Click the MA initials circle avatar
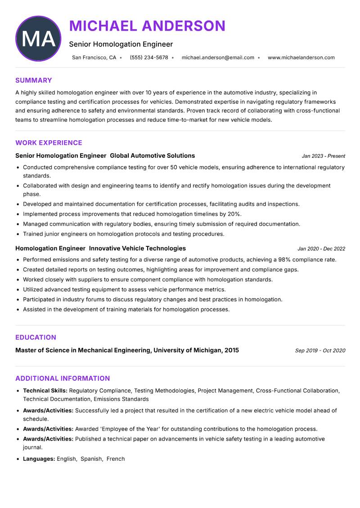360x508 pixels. tap(38, 39)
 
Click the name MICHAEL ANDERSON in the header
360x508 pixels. tap(147, 26)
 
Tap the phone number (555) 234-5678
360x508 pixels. tap(148, 58)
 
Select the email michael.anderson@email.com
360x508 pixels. tap(218, 58)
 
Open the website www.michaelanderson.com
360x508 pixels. tap(301, 58)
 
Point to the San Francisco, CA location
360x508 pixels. tap(94, 58)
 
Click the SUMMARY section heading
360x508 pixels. tap(34, 80)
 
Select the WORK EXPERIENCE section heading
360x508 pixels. tap(49, 143)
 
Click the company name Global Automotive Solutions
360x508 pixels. tap(152, 156)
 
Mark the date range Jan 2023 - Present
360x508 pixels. tap(323, 156)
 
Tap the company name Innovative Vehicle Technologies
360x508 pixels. tap(137, 248)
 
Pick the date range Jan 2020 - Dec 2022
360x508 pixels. tap(321, 249)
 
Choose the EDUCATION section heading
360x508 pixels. tap(36, 338)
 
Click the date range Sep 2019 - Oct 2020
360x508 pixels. tap(320, 351)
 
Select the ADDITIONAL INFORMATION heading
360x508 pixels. tap(63, 379)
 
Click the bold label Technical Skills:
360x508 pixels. tap(45, 391)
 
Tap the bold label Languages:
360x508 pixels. tap(39, 459)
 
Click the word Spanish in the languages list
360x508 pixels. tap(92, 459)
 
